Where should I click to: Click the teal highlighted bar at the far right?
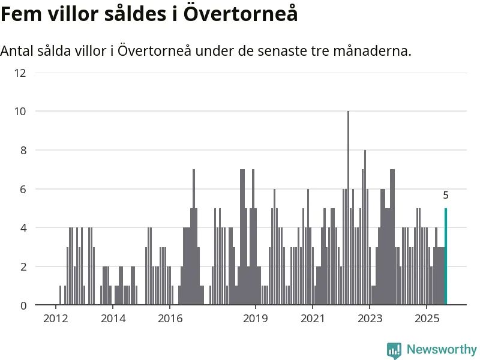coord(445,257)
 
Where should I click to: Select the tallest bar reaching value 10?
coord(348,208)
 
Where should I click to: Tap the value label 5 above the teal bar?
coord(445,195)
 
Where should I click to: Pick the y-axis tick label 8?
coord(23,150)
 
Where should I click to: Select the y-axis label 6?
coord(23,189)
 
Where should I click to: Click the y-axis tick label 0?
coord(23,305)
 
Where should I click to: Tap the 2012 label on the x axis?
coord(56,317)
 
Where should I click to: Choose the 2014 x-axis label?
coord(113,317)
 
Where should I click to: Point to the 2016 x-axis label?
coord(170,317)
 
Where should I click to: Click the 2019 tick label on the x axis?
coord(256,317)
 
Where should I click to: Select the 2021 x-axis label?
coord(313,317)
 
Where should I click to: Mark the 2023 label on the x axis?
coord(370,317)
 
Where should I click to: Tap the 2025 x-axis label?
coord(427,317)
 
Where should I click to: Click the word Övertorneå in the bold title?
coord(240,13)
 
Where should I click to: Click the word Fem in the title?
coord(19,13)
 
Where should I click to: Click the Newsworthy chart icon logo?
coord(394,350)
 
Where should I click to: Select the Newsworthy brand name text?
coord(442,349)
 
